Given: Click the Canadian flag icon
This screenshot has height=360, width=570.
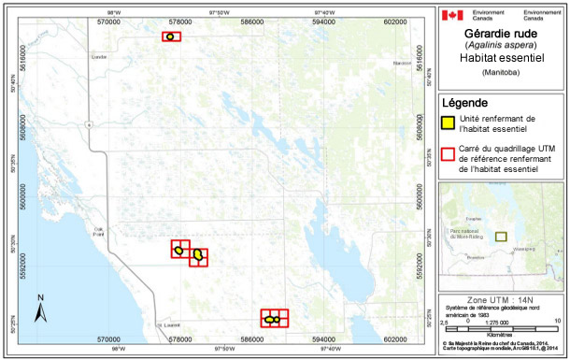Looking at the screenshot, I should pos(451,16).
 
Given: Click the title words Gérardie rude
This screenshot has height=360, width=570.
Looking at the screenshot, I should pos(502,33).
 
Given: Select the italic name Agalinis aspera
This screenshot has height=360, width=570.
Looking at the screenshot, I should pos(502,45).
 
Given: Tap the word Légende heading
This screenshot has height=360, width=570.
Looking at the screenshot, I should pos(464,102).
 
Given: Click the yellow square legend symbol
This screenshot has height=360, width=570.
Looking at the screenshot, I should pos(449,121).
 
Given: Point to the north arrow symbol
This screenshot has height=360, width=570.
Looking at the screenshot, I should pos(41,308).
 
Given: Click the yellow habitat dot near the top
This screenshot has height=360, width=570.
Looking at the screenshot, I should pos(171,36).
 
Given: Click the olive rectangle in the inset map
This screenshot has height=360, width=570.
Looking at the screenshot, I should pos(502,236).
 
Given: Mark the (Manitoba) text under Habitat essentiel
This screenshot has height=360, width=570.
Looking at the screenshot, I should pos(502,72).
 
